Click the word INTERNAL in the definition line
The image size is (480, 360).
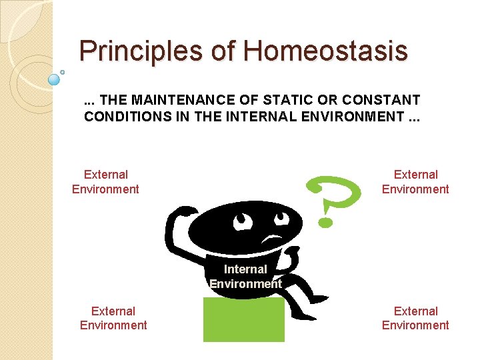tap(249, 117)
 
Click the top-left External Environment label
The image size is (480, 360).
tap(105, 182)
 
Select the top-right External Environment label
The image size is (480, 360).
tap(415, 182)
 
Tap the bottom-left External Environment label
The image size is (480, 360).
tap(113, 318)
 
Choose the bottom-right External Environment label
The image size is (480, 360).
tap(415, 318)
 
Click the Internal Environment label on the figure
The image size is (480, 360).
tap(245, 277)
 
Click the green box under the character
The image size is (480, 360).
tap(243, 320)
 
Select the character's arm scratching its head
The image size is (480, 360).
tap(176, 227)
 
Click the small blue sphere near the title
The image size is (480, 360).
tap(55, 79)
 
